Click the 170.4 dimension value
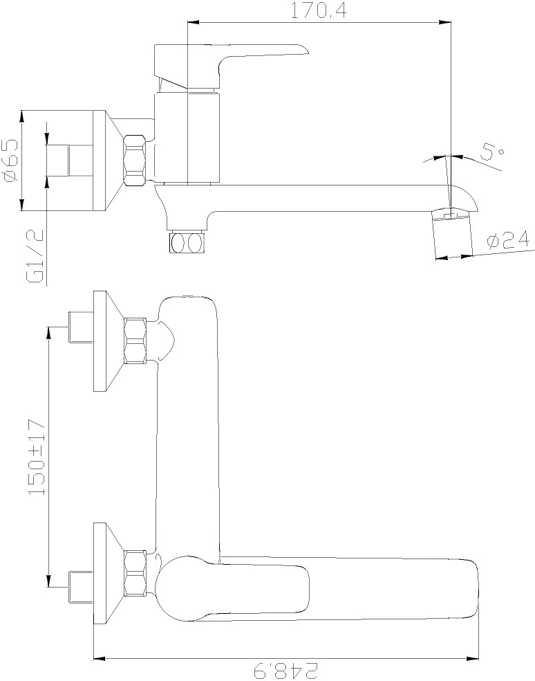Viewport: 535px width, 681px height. (318, 10)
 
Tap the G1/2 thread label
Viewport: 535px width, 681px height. (35, 256)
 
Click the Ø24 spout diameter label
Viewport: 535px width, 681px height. (508, 239)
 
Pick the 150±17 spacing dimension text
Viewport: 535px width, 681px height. (37, 457)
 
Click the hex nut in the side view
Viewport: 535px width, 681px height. (135, 161)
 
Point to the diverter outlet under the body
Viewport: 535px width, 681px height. (187, 242)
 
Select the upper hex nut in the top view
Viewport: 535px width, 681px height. (135, 340)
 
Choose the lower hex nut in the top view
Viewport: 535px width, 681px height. (135, 572)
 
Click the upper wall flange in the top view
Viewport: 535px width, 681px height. (109, 341)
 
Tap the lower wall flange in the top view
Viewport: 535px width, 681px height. (109, 573)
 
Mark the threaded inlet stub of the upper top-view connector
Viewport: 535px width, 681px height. (81, 327)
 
